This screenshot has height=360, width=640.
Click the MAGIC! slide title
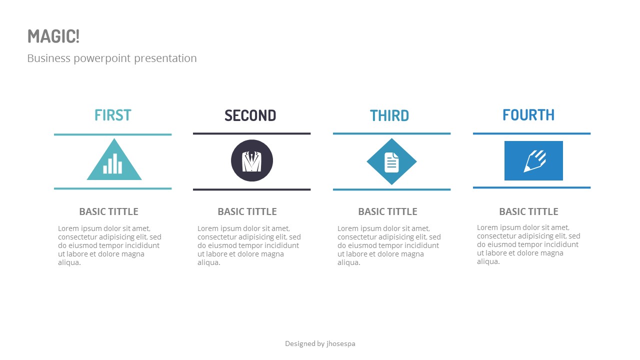pyautogui.click(x=53, y=36)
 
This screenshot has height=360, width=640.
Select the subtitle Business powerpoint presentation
pyautogui.click(x=112, y=58)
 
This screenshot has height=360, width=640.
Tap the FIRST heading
pyautogui.click(x=113, y=115)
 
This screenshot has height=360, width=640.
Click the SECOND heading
pyautogui.click(x=250, y=115)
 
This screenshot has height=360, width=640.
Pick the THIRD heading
pyautogui.click(x=389, y=115)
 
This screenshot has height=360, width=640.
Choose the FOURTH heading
pyautogui.click(x=528, y=115)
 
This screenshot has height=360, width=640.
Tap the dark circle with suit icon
pyautogui.click(x=252, y=160)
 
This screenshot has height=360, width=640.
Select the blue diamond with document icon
pyautogui.click(x=391, y=161)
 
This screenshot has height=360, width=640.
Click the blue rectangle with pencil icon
pyautogui.click(x=533, y=160)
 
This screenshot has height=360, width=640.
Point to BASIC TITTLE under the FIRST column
pyautogui.click(x=108, y=211)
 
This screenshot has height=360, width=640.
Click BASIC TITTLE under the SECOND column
pyautogui.click(x=247, y=211)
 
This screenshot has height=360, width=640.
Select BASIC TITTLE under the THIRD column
pyautogui.click(x=387, y=211)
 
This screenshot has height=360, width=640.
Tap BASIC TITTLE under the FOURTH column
pyautogui.click(x=528, y=211)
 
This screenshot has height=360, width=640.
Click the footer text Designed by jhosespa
pyautogui.click(x=320, y=343)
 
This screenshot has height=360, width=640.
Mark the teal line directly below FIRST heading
pyautogui.click(x=113, y=134)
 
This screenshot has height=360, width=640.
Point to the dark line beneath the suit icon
pyautogui.click(x=252, y=189)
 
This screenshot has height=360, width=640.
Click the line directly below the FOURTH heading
pyautogui.click(x=531, y=133)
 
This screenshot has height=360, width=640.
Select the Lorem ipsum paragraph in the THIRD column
pyautogui.click(x=389, y=245)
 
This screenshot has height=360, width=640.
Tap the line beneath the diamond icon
pyautogui.click(x=391, y=189)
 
